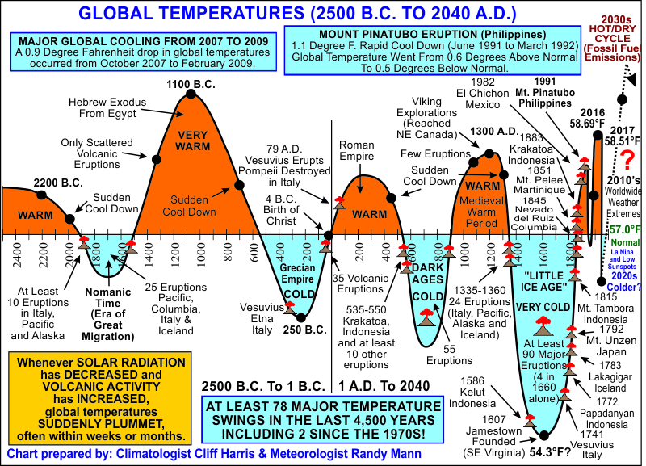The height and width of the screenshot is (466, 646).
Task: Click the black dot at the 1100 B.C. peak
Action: (x=191, y=94)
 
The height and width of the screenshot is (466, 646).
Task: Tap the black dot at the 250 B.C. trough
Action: (x=301, y=317)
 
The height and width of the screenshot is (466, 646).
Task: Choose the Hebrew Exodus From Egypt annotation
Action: (x=92, y=109)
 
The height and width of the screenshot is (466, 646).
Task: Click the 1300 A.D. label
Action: (x=487, y=132)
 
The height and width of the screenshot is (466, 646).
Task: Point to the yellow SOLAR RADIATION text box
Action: (x=99, y=397)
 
